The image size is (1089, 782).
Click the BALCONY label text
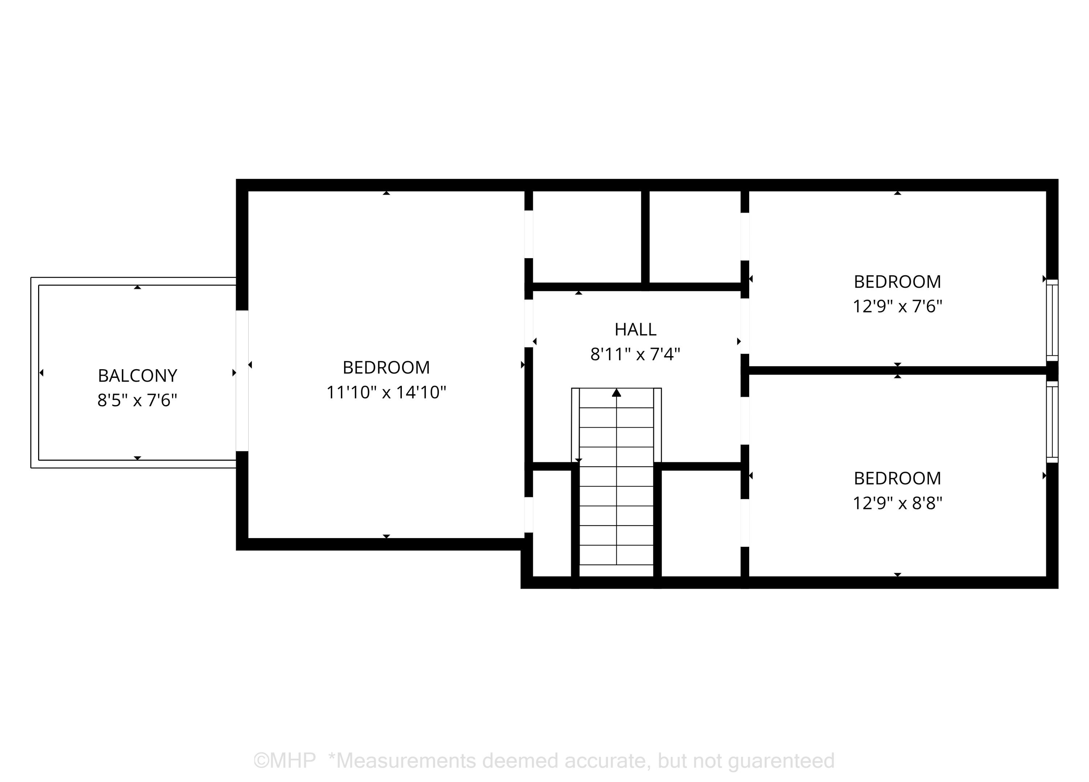[x=137, y=376]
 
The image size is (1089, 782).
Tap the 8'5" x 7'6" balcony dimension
[x=137, y=400]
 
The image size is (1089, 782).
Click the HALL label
[x=635, y=330]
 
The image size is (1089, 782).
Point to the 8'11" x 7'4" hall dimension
[x=635, y=354]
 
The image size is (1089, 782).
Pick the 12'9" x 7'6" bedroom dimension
[x=897, y=306]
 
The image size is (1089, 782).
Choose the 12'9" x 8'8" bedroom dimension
[x=897, y=504]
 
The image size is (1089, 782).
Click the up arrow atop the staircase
[x=616, y=393]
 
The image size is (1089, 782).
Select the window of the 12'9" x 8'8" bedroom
[x=1052, y=422]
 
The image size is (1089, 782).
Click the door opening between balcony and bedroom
[x=242, y=380]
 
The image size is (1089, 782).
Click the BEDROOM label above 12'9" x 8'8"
[x=897, y=478]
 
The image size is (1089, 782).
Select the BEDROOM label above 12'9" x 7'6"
[x=897, y=281]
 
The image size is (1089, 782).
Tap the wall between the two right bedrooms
[x=897, y=370]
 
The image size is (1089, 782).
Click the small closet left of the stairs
[x=552, y=523]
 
